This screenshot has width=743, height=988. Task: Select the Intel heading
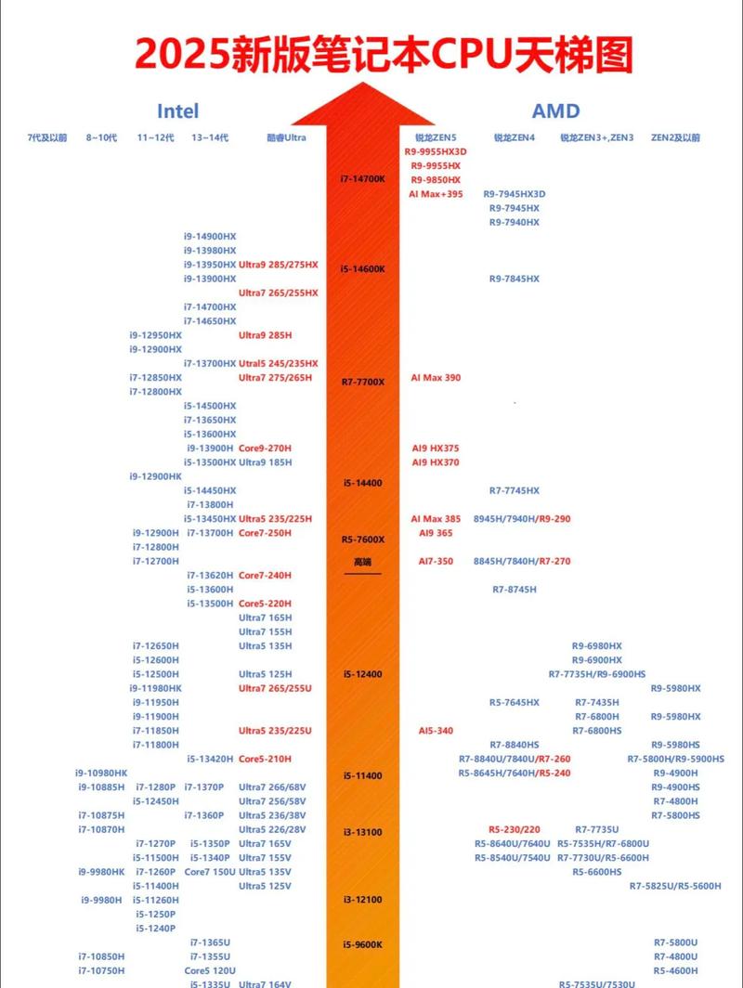click(177, 111)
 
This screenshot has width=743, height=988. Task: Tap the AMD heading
click(555, 111)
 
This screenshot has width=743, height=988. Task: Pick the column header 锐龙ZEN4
click(514, 137)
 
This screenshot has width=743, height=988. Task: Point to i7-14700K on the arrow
click(362, 178)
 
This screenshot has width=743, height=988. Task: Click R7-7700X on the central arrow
click(362, 382)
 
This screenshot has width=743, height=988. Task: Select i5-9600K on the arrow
click(362, 944)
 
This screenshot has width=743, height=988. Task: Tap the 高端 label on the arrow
click(362, 562)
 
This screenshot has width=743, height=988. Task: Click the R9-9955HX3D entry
click(436, 151)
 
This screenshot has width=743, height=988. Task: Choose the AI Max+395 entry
click(436, 194)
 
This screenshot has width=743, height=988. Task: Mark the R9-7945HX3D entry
click(515, 194)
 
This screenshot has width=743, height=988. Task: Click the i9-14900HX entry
click(210, 236)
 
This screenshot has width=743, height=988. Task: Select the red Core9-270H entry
click(265, 448)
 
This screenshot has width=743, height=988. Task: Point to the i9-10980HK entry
click(101, 773)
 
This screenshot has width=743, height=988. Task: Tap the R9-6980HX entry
click(596, 645)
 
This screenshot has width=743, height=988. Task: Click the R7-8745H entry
click(515, 590)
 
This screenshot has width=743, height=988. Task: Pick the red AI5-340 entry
click(436, 731)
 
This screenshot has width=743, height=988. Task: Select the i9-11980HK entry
click(156, 688)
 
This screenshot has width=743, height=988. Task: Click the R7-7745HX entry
click(515, 490)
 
